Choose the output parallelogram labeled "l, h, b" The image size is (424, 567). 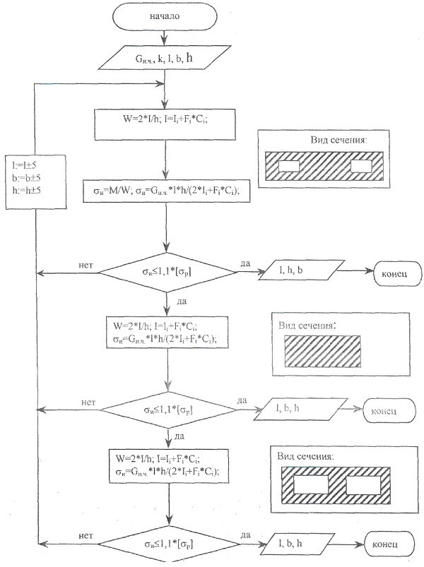(297, 272)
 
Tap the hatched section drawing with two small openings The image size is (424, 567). (324, 167)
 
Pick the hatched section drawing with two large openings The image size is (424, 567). (326, 486)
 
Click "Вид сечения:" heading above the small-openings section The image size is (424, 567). (338, 140)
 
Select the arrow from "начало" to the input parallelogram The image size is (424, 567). (165, 36)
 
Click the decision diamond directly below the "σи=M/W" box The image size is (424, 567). (167, 271)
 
